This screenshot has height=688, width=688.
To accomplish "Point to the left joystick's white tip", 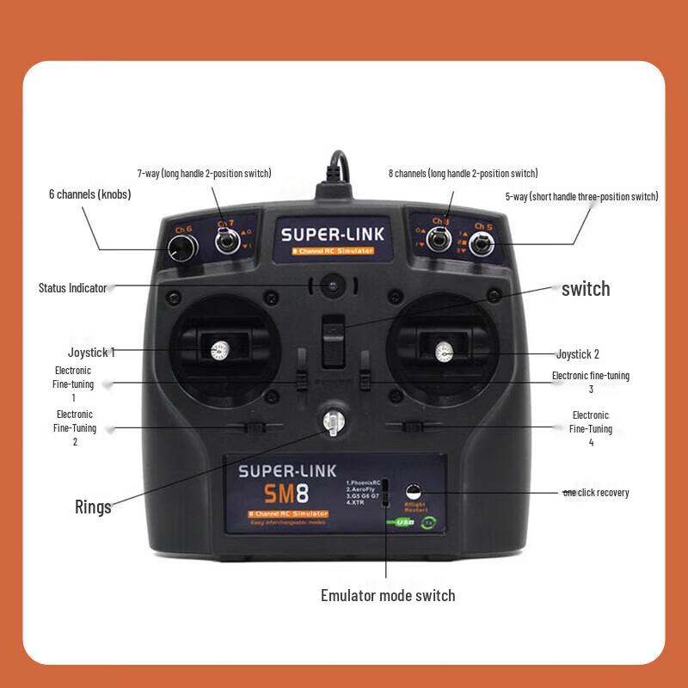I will pyautogui.click(x=218, y=350).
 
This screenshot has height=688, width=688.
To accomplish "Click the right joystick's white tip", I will pyautogui.click(x=444, y=351).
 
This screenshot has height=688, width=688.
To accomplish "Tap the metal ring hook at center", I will pyautogui.click(x=332, y=421).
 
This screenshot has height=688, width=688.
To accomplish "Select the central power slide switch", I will pyautogui.click(x=332, y=341).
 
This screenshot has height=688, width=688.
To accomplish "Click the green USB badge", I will pyautogui.click(x=404, y=522).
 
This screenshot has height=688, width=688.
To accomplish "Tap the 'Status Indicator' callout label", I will pyautogui.click(x=72, y=288).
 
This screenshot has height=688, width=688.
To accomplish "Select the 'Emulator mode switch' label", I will pyautogui.click(x=388, y=595).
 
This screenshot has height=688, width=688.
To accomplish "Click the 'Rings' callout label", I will pyautogui.click(x=93, y=507).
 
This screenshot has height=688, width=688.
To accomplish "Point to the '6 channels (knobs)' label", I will pyautogui.click(x=89, y=194).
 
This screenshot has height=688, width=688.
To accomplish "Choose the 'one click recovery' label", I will pyautogui.click(x=595, y=493).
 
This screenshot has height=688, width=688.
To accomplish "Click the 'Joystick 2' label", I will pyautogui.click(x=577, y=353).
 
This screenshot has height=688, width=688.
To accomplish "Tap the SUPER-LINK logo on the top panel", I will pyautogui.click(x=333, y=234).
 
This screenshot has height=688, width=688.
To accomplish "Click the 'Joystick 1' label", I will pyautogui.click(x=91, y=352).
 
